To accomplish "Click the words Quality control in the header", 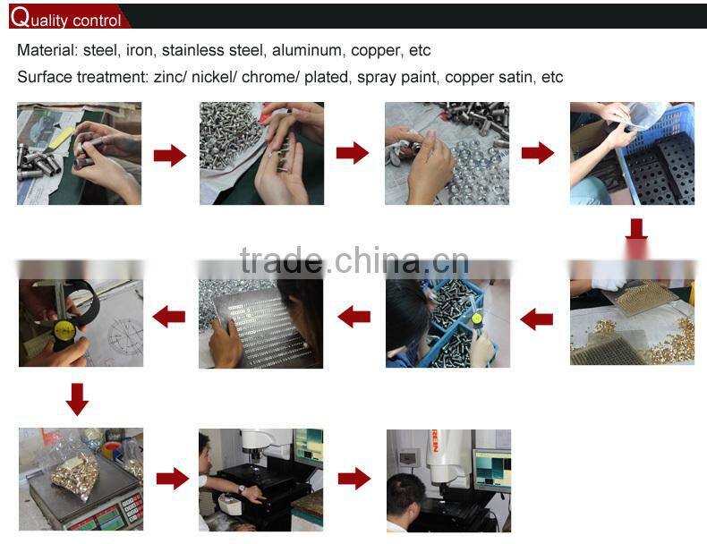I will [66, 19].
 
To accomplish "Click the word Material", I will [45, 50].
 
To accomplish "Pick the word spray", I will [376, 77].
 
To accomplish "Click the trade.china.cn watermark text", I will [353, 260].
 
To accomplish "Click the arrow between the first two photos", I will [170, 155].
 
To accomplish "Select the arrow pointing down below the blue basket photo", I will [636, 230].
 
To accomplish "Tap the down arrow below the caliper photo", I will [78, 399].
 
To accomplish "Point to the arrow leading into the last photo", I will [354, 479].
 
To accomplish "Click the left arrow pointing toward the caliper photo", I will [169, 316].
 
